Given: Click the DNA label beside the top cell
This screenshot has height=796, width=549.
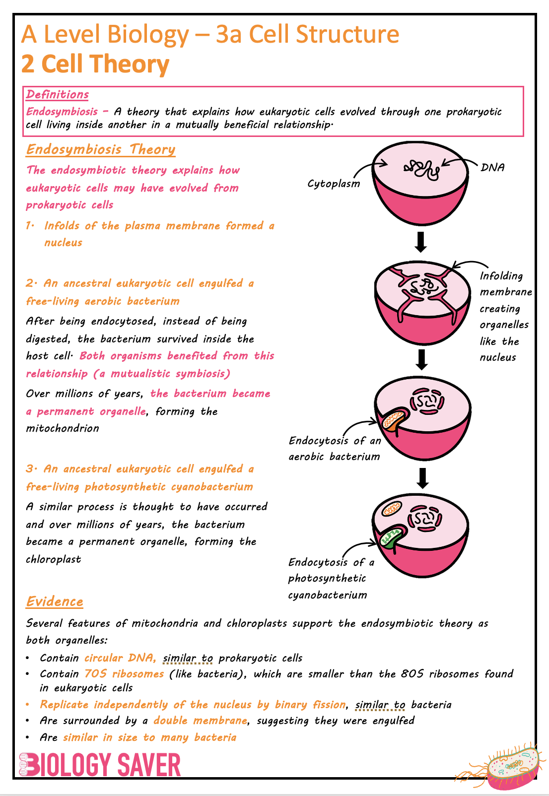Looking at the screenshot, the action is coord(492,167).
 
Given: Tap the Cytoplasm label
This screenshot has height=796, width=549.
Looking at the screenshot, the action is coord(333,184).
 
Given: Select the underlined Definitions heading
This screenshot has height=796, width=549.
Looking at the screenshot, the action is coord(57,94).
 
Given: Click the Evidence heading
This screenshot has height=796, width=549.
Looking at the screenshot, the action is coord(55,601).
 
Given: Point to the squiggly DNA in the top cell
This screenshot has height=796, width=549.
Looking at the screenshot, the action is coord(421,170).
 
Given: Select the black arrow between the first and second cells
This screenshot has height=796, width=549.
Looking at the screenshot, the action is coord(421,242).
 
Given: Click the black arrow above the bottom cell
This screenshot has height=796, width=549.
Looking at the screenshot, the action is coord(422,478).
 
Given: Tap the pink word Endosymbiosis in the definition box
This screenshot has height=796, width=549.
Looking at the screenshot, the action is coord(62,112).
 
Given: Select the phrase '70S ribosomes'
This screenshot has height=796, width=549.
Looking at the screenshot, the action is coord(124,674).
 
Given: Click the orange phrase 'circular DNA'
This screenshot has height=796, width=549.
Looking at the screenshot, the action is coord(120,658).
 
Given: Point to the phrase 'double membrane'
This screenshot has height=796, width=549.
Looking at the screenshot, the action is coord(201,720).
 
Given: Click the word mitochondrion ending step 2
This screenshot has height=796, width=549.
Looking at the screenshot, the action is coord(63,428).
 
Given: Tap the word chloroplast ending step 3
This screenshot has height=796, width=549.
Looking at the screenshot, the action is coord(53,559).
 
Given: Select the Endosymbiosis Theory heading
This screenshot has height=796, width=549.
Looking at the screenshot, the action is coord(101,149).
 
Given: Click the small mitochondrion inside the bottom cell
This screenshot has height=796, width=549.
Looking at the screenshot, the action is coord(392,509).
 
